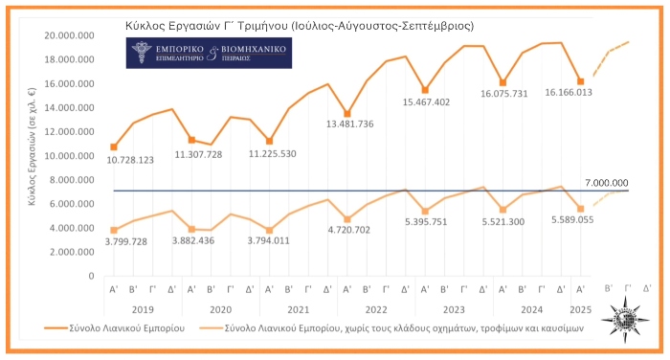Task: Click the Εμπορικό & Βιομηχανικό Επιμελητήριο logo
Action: pos(211,54)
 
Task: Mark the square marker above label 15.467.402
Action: pos(425,90)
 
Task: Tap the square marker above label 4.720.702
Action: pos(347,219)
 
